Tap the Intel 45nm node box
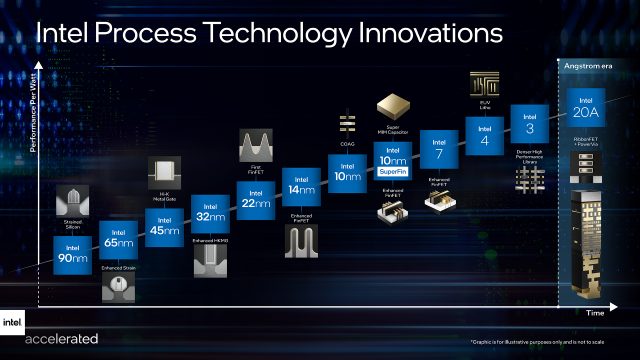(x=164, y=228)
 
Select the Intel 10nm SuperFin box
(x=393, y=161)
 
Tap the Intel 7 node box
(x=438, y=148)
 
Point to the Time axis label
(x=596, y=313)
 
